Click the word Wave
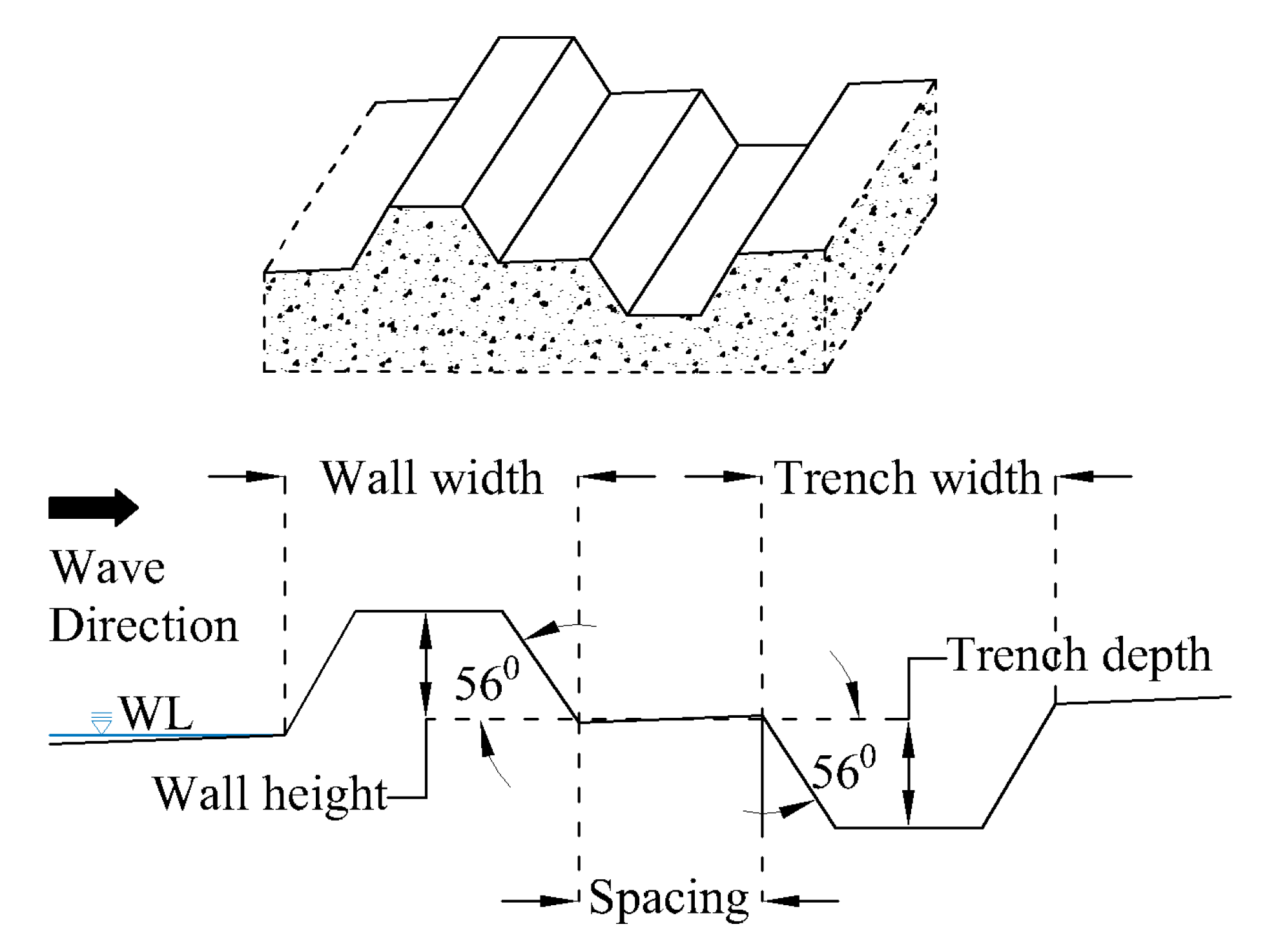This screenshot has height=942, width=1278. click(108, 567)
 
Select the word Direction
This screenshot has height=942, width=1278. click(143, 625)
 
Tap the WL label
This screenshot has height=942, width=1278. click(156, 713)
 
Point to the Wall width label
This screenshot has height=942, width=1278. click(431, 478)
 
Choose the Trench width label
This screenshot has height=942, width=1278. click(908, 478)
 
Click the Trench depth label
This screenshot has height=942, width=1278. click(1078, 655)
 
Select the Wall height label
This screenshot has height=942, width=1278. click(269, 793)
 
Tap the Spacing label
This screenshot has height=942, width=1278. click(669, 898)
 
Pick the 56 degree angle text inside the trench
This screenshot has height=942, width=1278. click(843, 769)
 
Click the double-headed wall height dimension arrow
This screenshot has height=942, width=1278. click(426, 664)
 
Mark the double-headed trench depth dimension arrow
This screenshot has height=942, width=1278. click(909, 773)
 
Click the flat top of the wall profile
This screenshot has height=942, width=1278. click(429, 611)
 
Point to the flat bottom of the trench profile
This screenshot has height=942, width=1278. click(909, 827)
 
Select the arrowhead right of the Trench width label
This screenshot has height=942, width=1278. click(1075, 477)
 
